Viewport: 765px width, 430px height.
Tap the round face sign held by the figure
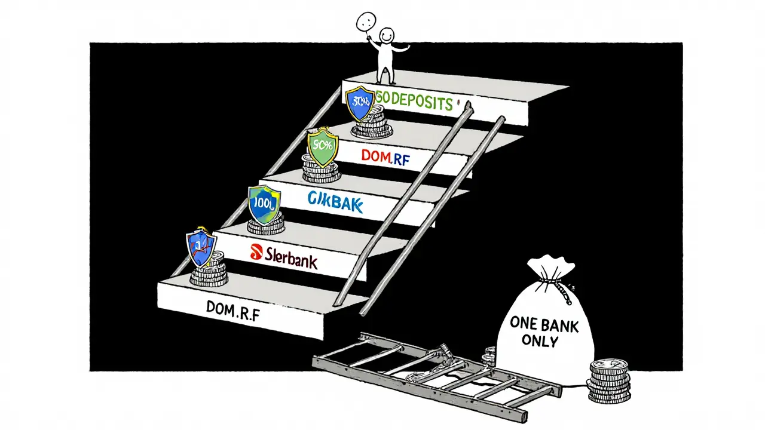tap(365, 23)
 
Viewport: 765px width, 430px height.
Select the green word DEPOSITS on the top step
tap(421, 103)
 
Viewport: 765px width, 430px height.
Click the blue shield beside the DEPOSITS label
tap(360, 102)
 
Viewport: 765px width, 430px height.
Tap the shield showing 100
tap(264, 203)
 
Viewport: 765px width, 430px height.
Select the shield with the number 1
tap(201, 248)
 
